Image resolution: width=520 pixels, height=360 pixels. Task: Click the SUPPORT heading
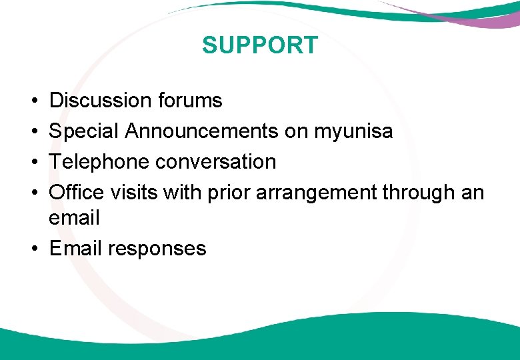[260, 45]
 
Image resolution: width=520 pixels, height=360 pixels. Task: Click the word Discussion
[101, 101]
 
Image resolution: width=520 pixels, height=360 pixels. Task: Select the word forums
[190, 101]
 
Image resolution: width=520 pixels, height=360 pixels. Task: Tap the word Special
[85, 131]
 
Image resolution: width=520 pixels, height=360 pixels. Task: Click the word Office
[77, 193]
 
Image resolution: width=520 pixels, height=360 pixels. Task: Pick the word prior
[229, 193]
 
